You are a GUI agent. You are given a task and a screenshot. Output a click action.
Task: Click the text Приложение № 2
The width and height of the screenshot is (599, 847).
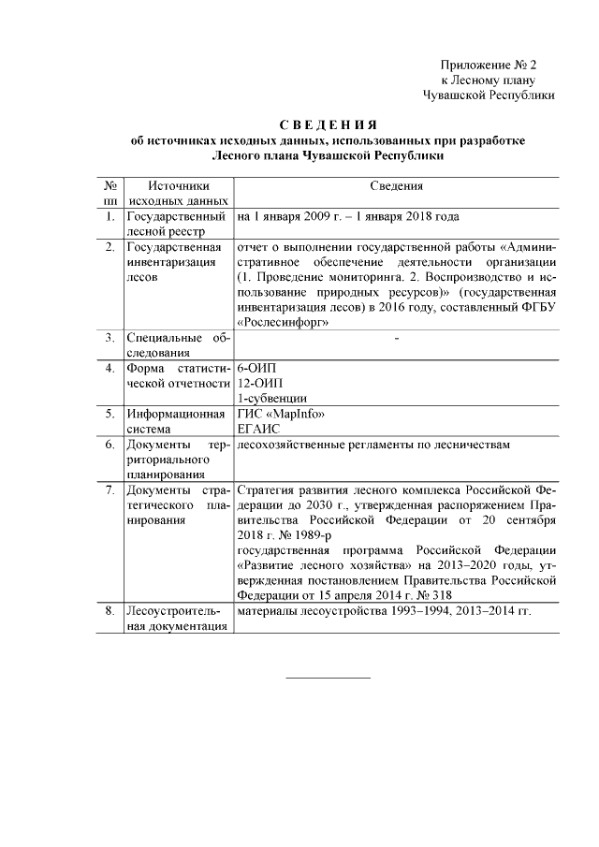[x=490, y=65]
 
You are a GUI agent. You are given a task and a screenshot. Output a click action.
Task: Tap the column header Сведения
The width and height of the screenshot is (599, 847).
[x=397, y=187]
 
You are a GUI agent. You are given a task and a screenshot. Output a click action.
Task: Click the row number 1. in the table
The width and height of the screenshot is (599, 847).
[x=110, y=217]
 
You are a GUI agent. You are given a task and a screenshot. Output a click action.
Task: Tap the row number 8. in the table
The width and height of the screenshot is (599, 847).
[x=110, y=611]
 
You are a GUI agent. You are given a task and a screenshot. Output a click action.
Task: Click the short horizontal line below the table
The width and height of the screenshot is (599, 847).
[x=327, y=677]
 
